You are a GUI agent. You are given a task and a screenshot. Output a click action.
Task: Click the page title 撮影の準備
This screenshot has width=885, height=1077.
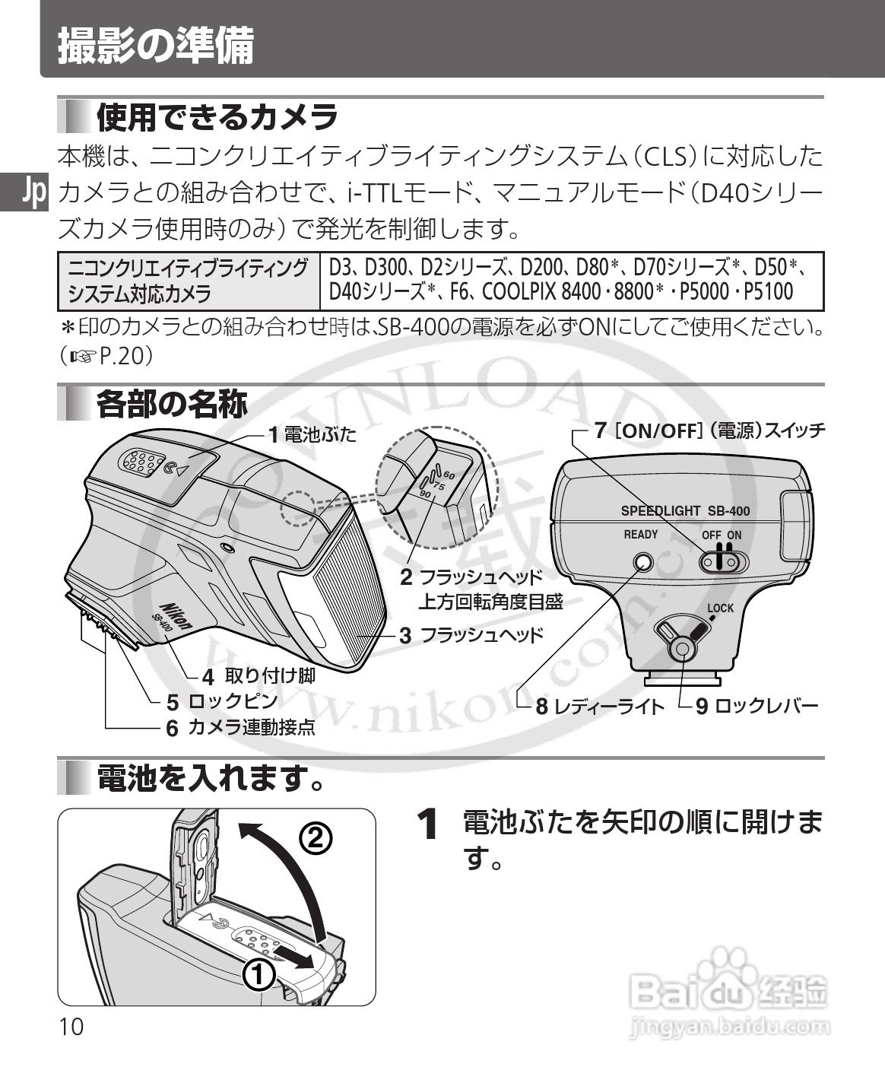(156, 46)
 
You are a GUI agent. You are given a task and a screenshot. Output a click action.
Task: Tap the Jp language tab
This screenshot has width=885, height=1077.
(34, 193)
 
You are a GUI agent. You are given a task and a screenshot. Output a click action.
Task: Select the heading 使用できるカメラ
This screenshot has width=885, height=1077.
(217, 117)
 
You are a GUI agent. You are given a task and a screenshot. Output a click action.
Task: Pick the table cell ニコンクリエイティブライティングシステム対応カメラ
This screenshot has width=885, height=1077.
(189, 280)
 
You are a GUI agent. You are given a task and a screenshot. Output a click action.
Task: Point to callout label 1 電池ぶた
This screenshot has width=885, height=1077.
(312, 435)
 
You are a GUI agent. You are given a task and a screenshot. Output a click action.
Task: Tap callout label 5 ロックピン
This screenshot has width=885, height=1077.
(224, 701)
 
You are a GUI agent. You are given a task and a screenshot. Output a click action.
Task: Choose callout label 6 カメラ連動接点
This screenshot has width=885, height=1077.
(242, 728)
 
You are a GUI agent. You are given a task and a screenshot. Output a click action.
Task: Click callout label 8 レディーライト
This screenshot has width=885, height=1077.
(601, 707)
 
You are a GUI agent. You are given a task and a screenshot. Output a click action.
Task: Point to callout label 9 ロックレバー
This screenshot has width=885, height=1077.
(757, 707)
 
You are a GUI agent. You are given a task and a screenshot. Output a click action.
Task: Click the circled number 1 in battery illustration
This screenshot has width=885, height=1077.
(258, 974)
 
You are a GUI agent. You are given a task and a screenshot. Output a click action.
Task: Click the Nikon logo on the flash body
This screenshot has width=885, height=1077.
(177, 612)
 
